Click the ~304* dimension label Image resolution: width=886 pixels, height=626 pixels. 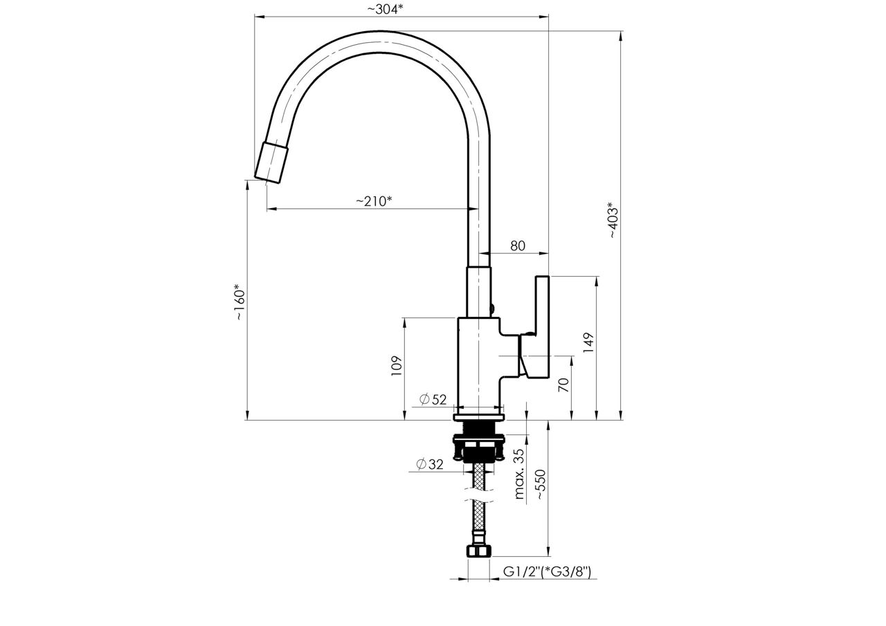386,9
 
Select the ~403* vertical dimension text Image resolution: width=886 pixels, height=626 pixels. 611,220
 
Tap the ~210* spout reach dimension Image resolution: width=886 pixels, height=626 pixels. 374,201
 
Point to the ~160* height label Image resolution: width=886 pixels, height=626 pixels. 239,302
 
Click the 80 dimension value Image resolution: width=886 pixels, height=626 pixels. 518,246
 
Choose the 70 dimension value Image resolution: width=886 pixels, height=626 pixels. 563,385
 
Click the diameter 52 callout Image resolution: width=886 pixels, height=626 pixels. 433,399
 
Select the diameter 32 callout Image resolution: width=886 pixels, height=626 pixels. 430,464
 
